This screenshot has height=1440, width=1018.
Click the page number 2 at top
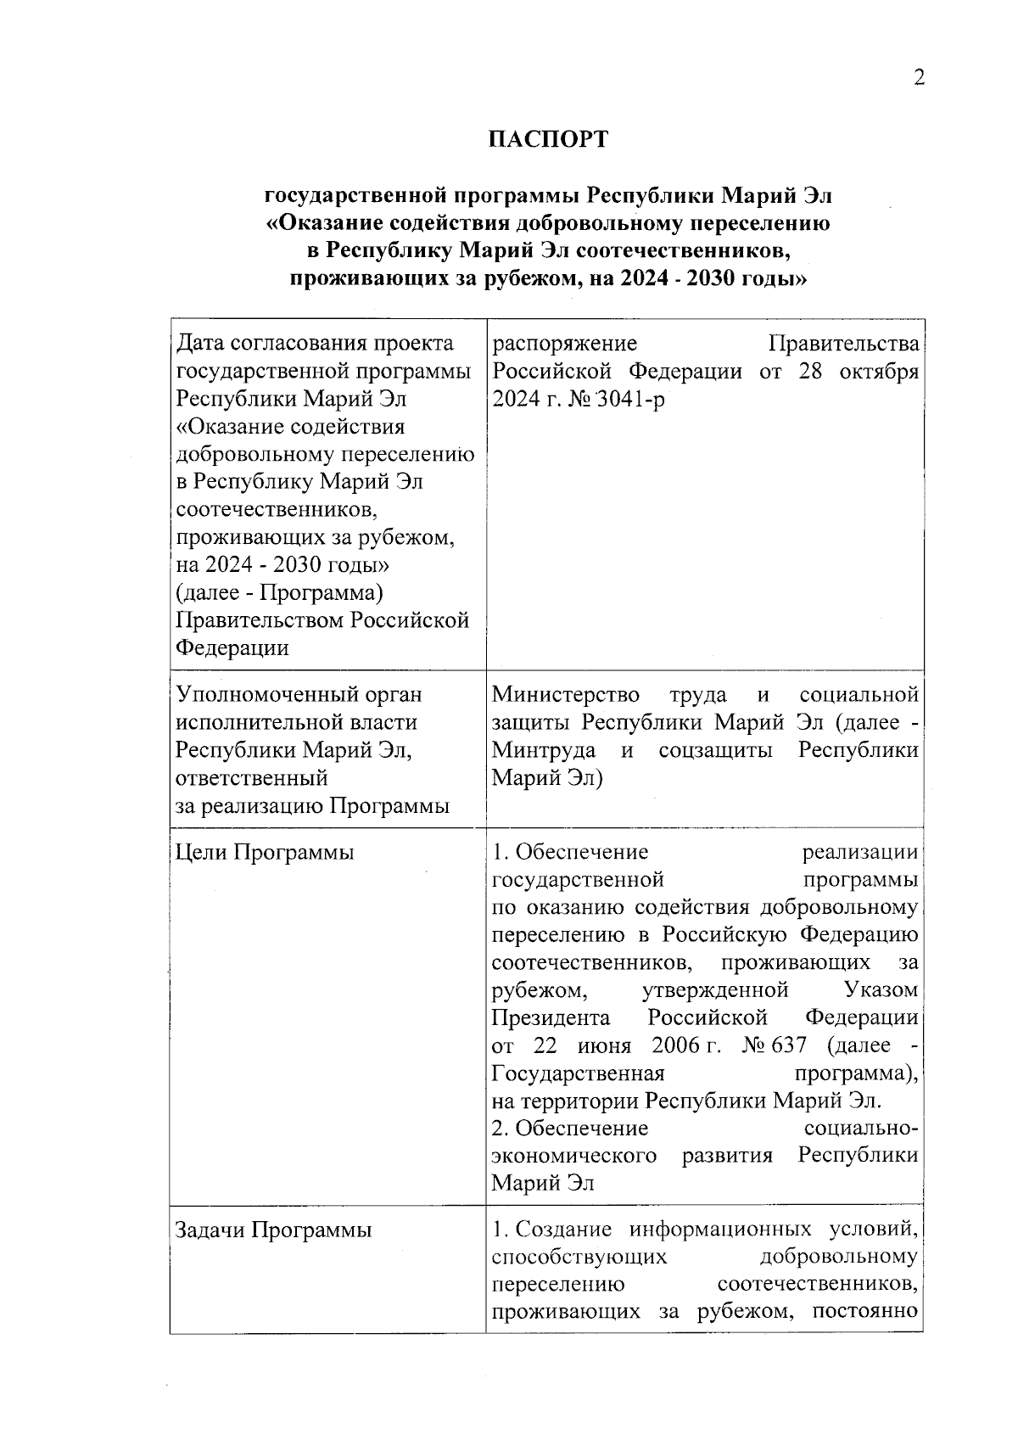click(x=918, y=78)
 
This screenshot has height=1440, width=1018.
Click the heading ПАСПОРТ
click(x=548, y=139)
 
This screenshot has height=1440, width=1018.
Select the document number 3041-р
click(x=631, y=399)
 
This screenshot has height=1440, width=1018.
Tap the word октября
click(x=879, y=372)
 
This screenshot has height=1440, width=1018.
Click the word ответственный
click(x=251, y=777)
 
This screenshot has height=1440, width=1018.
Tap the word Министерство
click(x=566, y=694)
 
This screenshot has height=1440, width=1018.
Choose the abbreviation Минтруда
click(x=544, y=750)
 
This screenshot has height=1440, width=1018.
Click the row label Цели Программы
click(x=264, y=852)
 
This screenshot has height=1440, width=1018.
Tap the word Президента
click(x=551, y=1017)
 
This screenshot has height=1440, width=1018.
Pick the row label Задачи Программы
click(x=273, y=1230)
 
